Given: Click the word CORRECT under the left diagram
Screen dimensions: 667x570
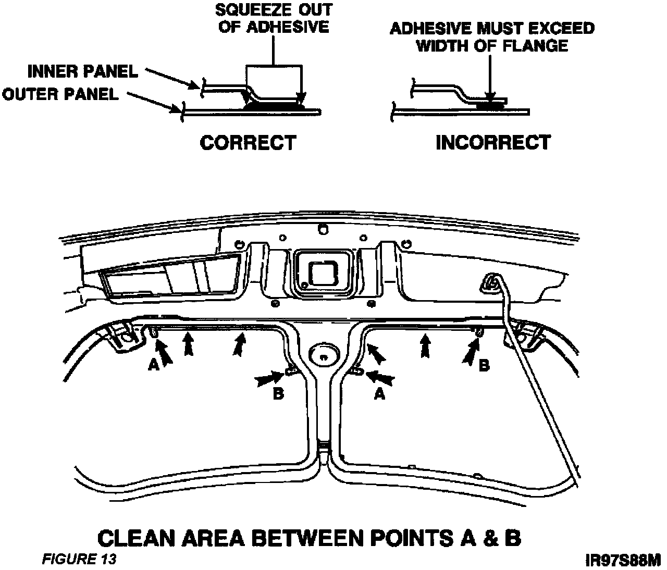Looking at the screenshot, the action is click(248, 142).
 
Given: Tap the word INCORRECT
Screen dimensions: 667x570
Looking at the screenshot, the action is click(492, 142).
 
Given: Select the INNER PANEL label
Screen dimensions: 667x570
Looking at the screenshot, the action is click(83, 71).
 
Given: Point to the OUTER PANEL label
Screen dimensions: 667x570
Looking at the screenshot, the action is click(60, 94).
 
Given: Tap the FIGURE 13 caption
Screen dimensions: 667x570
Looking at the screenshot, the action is click(79, 559).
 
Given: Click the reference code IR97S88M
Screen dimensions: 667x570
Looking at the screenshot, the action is click(623, 561).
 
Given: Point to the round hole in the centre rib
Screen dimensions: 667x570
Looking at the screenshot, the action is click(324, 356).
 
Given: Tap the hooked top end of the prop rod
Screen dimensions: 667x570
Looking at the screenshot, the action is click(490, 282).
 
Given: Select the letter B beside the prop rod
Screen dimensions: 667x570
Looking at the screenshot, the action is click(484, 366).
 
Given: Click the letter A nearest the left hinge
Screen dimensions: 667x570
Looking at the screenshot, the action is click(153, 366).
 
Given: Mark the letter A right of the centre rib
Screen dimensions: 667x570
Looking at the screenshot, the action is click(379, 395).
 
